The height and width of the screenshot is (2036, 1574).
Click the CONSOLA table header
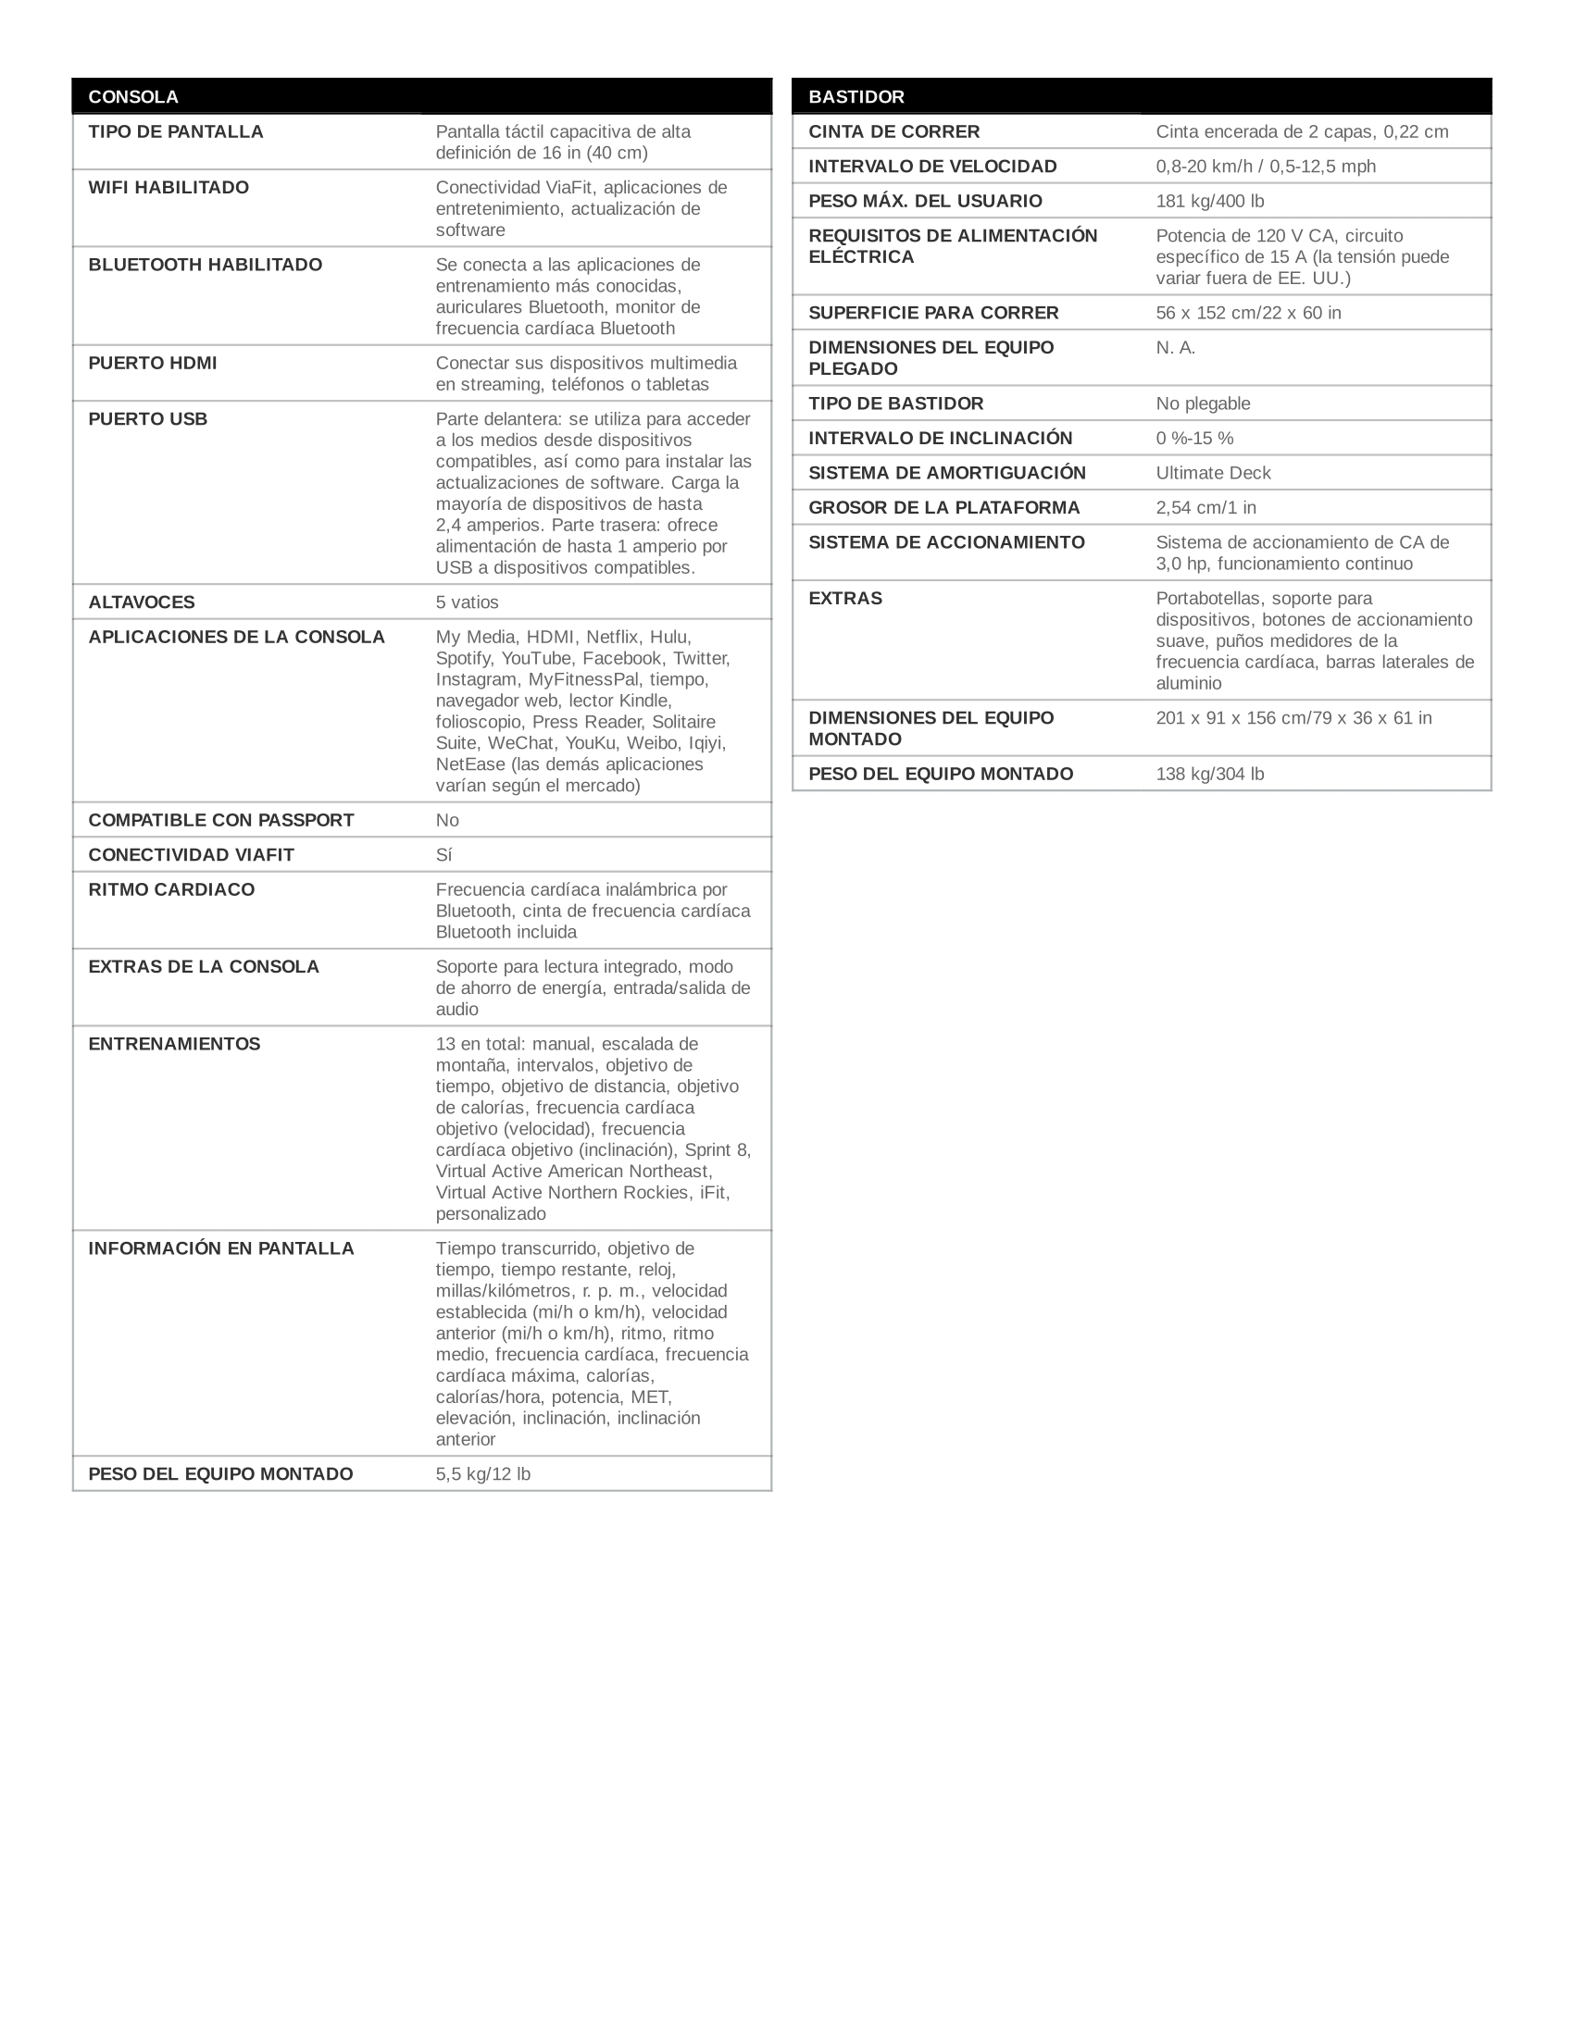[x=133, y=97]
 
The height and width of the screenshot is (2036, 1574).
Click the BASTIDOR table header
[x=856, y=97]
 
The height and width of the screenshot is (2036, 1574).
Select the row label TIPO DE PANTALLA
[x=175, y=131]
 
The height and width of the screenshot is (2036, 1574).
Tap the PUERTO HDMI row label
[x=152, y=363]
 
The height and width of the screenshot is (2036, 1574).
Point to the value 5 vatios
[x=467, y=602]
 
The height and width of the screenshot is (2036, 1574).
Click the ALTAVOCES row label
[x=142, y=602]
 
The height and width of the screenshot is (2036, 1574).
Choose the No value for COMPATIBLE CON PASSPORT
[x=446, y=820]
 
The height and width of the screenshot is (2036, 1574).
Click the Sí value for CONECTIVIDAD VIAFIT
[x=443, y=855]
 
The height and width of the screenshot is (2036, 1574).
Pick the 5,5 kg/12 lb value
[x=482, y=1474]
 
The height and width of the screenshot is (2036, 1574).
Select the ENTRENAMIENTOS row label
[x=174, y=1044]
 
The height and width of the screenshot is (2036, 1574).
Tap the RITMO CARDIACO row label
[x=171, y=889]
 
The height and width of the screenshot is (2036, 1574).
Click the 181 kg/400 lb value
[x=1209, y=201]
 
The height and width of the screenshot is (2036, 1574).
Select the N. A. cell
[x=1175, y=348]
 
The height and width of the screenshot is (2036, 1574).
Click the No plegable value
[x=1203, y=403]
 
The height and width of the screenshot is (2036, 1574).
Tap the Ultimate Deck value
[x=1213, y=473]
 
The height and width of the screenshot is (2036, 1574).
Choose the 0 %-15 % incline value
[x=1194, y=438]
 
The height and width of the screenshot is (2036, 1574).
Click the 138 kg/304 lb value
[x=1209, y=774]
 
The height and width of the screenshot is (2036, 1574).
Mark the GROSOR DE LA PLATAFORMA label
[x=943, y=507]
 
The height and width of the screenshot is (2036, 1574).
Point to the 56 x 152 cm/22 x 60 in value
[x=1248, y=312]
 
